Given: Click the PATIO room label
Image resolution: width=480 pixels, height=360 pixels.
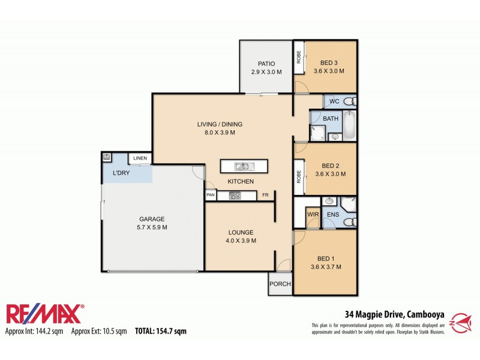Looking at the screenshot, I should tap(266, 64).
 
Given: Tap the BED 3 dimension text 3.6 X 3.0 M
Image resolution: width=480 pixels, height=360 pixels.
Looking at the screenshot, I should tap(329, 71).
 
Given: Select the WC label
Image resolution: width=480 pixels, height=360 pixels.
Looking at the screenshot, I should tap(334, 101).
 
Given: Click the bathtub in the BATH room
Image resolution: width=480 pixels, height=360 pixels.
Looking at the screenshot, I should tap(350, 125).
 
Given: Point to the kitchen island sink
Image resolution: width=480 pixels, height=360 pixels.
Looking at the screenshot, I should tap(244, 166).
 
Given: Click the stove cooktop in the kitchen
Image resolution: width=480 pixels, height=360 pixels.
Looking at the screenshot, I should tap(235, 195).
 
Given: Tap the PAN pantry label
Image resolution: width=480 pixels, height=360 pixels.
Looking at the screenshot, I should tap(211, 195).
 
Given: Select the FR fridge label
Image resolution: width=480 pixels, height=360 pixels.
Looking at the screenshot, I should tap(265, 195).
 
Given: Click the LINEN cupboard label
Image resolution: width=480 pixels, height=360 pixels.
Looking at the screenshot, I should tap(140, 158).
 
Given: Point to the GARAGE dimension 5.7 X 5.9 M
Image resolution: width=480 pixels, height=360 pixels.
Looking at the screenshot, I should tap(152, 227).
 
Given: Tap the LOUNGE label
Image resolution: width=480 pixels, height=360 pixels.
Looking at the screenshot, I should tap(241, 232).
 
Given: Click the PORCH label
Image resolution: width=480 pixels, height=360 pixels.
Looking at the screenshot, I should tap(280, 284).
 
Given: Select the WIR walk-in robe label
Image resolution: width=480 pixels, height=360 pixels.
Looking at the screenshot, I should tap(313, 214).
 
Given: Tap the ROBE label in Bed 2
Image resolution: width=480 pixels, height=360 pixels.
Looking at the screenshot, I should tap(298, 176).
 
